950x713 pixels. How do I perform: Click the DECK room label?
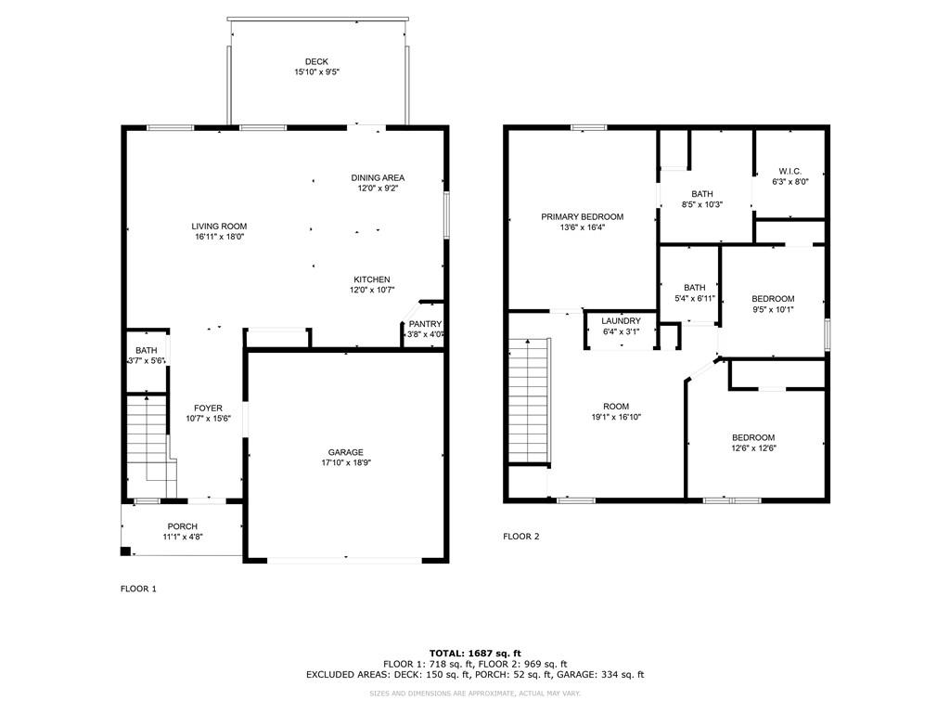(x=316, y=62)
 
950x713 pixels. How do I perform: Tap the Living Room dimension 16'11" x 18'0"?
(x=220, y=238)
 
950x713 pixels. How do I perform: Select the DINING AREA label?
(x=378, y=177)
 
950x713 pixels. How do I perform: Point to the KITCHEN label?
(x=371, y=279)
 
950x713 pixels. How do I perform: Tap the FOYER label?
(x=208, y=408)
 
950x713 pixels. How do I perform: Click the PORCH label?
(x=183, y=526)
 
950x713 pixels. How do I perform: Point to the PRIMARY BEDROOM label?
(x=583, y=216)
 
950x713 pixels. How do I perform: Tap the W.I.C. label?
(x=790, y=171)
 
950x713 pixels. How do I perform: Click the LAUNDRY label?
(x=621, y=320)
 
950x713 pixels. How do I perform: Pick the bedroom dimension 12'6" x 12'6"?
(x=753, y=448)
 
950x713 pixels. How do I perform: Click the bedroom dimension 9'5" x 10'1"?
(x=773, y=310)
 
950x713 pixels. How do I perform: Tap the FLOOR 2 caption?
(x=521, y=537)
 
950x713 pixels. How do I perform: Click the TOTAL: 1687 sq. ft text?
(x=475, y=653)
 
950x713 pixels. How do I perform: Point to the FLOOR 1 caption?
(x=139, y=589)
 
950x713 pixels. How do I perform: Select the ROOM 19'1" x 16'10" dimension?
(x=616, y=418)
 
